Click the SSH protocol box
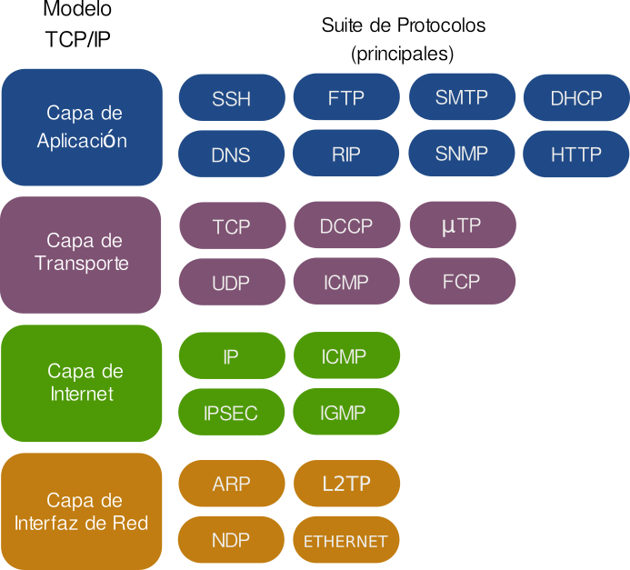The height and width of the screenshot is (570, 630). click(231, 97)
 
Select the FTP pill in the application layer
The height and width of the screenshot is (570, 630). click(345, 97)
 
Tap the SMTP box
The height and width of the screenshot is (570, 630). click(462, 97)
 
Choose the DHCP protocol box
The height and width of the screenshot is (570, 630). click(576, 97)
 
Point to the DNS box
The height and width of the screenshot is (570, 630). click(231, 154)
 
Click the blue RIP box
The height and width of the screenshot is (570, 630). click(345, 154)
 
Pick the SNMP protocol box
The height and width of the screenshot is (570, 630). click(462, 153)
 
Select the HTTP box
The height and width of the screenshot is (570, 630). click(576, 154)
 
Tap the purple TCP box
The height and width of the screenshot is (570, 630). click(231, 225)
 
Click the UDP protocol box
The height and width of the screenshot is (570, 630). click(231, 282)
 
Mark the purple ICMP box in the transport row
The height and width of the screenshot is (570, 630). click(345, 282)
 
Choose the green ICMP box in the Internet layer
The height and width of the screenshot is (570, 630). click(345, 355)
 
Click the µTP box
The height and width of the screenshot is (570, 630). click(462, 225)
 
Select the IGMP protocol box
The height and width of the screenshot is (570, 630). click(345, 412)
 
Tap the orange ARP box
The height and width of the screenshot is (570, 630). click(231, 484)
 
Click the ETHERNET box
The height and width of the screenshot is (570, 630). click(345, 540)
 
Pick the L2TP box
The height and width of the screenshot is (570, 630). click(345, 484)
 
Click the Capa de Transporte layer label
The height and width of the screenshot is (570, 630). click(82, 254)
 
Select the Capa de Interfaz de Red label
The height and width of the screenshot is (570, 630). click(82, 511)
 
